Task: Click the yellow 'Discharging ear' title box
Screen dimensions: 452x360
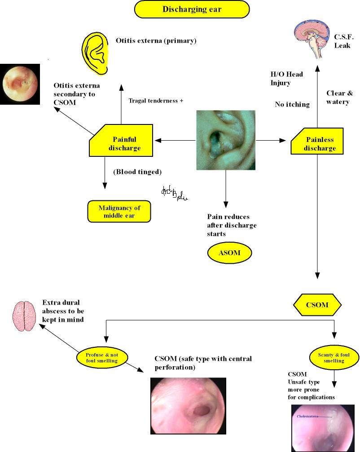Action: tap(192, 9)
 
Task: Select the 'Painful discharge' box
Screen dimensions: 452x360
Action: tap(124, 143)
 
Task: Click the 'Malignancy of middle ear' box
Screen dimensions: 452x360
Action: tap(119, 212)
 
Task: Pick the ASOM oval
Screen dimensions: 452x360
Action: tap(229, 253)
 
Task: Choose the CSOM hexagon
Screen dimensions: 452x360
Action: tap(317, 306)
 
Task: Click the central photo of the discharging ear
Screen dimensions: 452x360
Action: tap(225, 140)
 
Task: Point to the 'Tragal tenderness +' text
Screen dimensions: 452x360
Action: tap(156, 101)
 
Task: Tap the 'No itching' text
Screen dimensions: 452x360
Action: tap(292, 104)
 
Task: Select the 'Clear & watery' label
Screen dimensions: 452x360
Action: tap(339, 97)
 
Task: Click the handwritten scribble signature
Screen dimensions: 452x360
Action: tap(174, 194)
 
